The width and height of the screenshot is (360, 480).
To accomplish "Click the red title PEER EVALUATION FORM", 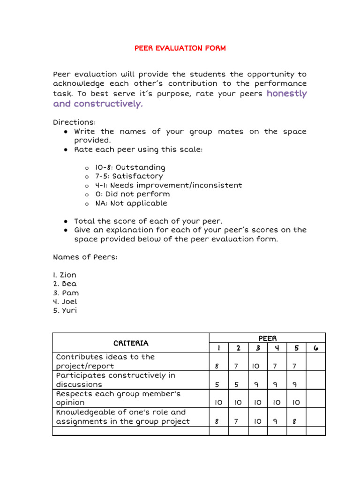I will click(x=180, y=48).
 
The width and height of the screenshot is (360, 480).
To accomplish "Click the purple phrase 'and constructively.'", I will click(x=97, y=104).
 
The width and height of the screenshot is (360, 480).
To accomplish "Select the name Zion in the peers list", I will click(x=65, y=275).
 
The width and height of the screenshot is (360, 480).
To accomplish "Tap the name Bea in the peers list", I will click(x=65, y=284).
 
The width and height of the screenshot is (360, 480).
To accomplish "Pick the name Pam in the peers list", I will click(x=66, y=293).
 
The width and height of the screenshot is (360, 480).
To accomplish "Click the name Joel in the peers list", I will click(x=65, y=302).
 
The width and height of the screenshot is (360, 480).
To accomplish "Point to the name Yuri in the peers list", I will click(x=65, y=311).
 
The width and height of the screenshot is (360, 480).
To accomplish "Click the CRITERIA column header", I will click(x=131, y=343).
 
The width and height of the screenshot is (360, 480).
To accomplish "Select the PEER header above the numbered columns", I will click(x=267, y=338).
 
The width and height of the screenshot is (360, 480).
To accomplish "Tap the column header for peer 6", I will click(x=315, y=348).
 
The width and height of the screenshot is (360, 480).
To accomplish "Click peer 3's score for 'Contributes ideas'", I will click(x=257, y=366).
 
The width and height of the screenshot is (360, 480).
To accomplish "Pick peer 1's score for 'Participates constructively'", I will click(x=218, y=384).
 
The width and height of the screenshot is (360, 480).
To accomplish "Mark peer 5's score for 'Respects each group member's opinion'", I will click(x=296, y=403).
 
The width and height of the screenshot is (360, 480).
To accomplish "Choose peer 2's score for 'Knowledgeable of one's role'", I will click(x=238, y=421).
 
